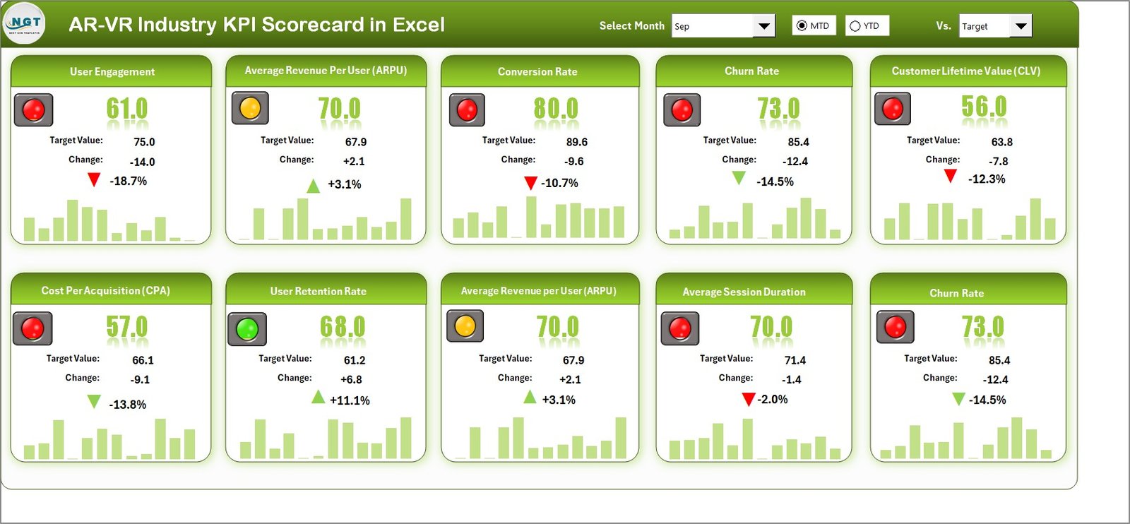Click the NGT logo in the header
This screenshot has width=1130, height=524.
(24, 23)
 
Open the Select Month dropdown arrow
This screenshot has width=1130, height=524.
(763, 26)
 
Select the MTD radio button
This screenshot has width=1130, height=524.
(802, 26)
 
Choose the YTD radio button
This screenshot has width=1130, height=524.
(855, 26)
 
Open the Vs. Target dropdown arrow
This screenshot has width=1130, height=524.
(1021, 26)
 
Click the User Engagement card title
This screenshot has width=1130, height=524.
(112, 71)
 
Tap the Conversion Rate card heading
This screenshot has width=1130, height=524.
(537, 71)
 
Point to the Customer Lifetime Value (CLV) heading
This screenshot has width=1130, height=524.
(965, 71)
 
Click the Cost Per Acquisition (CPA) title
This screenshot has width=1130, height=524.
(105, 290)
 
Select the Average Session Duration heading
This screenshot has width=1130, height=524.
(744, 292)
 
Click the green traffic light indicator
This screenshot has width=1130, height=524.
(247, 329)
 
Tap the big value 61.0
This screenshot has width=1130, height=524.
(127, 109)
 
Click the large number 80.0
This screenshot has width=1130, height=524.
(556, 109)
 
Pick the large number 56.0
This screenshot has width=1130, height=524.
(984, 107)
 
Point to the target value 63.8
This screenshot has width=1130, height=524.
(1001, 142)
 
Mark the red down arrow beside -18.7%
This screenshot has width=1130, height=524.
(94, 179)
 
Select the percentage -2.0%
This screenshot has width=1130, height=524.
(773, 400)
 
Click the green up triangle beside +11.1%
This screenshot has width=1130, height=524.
(319, 398)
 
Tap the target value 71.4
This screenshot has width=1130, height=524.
(795, 360)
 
